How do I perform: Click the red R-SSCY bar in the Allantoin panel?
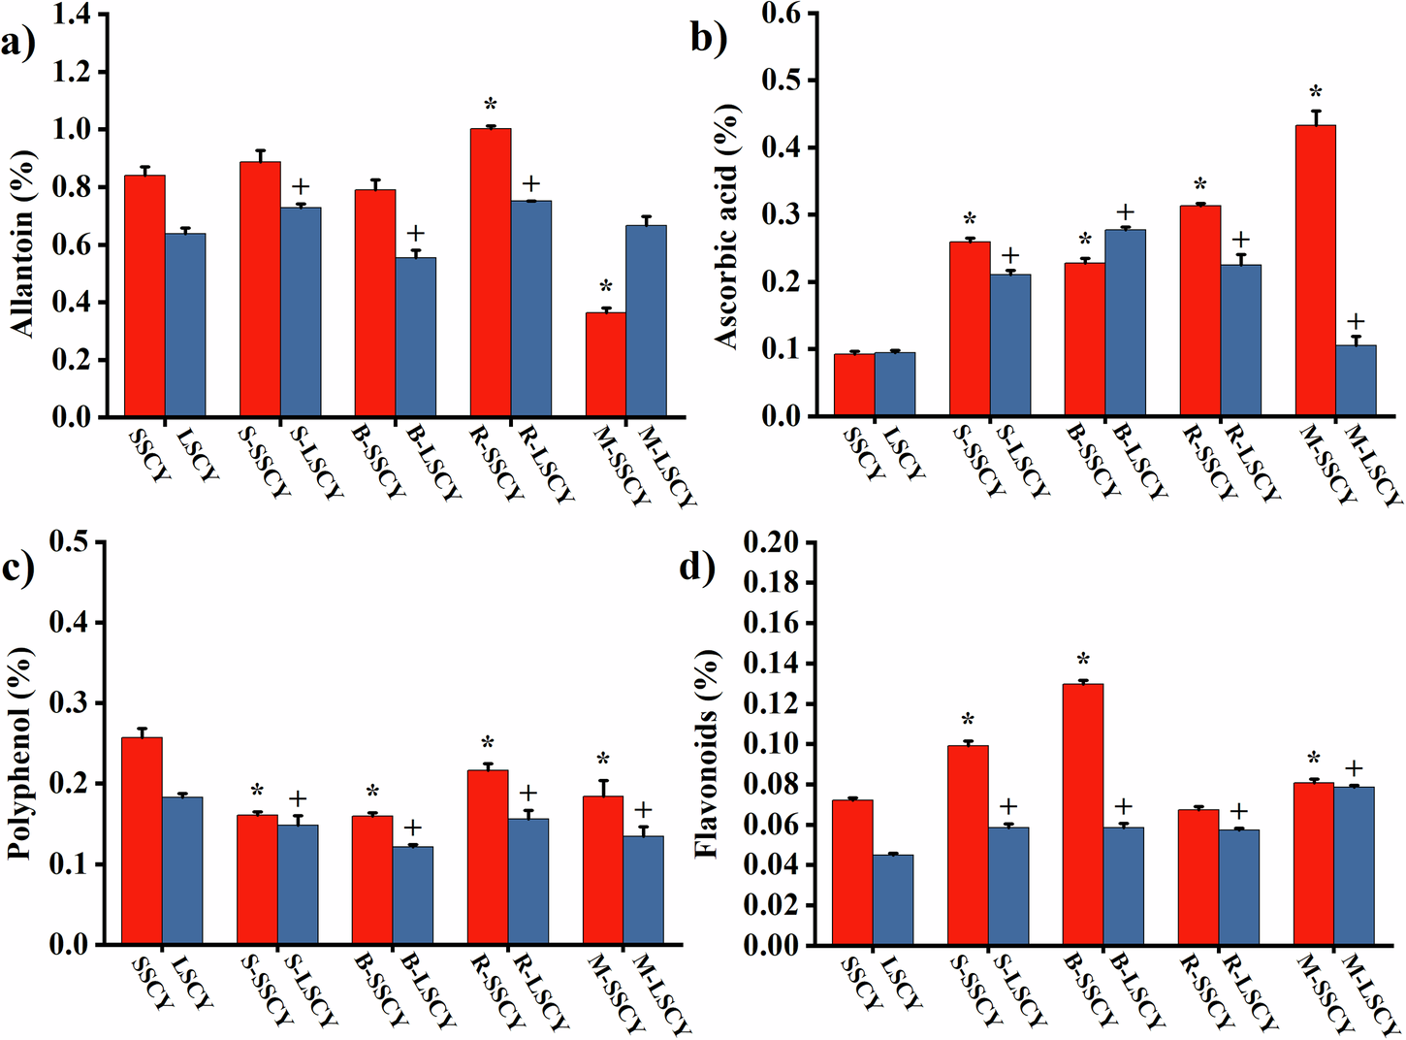pos(491,273)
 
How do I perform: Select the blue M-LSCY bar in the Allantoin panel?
pos(646,321)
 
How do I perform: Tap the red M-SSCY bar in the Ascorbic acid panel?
pos(1315,271)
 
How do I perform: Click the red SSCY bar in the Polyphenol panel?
pos(142,840)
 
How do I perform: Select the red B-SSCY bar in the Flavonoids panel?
pos(1083,814)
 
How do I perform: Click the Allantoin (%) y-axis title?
pos(24,244)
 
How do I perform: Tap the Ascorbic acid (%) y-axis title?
pos(727,224)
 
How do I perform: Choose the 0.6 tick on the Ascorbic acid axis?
pos(781,14)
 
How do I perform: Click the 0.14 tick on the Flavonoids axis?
pos(772,664)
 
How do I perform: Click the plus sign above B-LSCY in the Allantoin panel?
pos(415,234)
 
